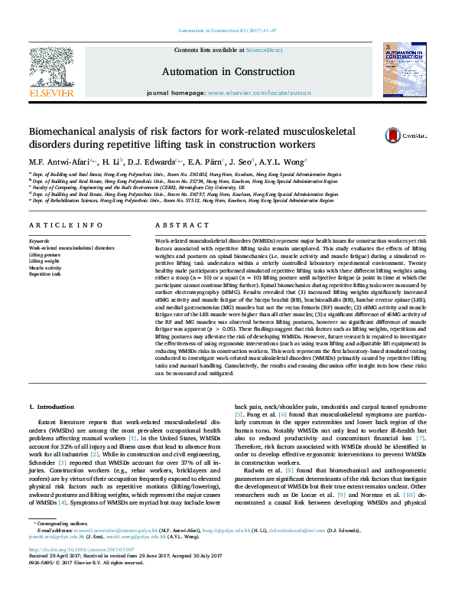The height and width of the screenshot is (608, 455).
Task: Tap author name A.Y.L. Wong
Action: pos(285,162)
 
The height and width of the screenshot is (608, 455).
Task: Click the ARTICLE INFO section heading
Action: pos(66,225)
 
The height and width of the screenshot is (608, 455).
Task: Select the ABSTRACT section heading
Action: pos(177,225)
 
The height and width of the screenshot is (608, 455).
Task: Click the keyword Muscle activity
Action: pos(47,267)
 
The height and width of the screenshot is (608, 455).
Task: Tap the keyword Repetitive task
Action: pos(46,273)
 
